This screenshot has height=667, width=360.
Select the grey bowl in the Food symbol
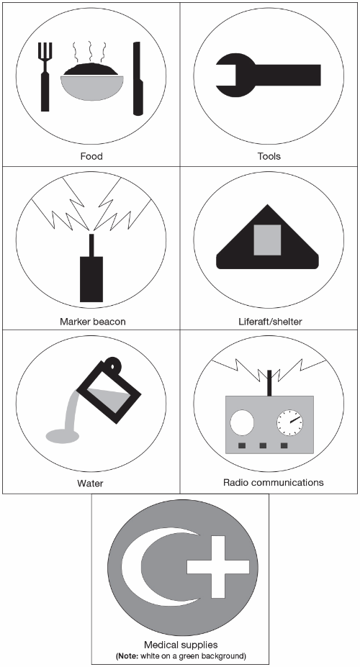[x=92, y=88]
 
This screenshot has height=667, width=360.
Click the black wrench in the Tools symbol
[x=268, y=76]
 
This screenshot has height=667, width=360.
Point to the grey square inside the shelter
[x=267, y=240]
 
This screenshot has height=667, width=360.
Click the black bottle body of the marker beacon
[x=91, y=278]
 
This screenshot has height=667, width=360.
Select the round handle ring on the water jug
[x=113, y=364]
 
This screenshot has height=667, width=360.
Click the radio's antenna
[x=269, y=383]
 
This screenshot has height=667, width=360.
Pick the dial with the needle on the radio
[x=290, y=423]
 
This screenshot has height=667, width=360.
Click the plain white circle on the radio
[x=242, y=423]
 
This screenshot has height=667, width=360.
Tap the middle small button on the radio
[x=263, y=445]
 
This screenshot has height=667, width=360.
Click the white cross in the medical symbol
[x=218, y=566]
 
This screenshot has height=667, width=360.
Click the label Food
[x=91, y=156]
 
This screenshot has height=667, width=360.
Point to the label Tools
[x=269, y=156]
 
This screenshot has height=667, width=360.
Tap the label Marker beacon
[x=93, y=321]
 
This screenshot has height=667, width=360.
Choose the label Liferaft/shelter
[x=270, y=321]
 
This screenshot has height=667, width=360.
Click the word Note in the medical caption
[x=127, y=655]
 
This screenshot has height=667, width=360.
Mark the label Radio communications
[x=273, y=482]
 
